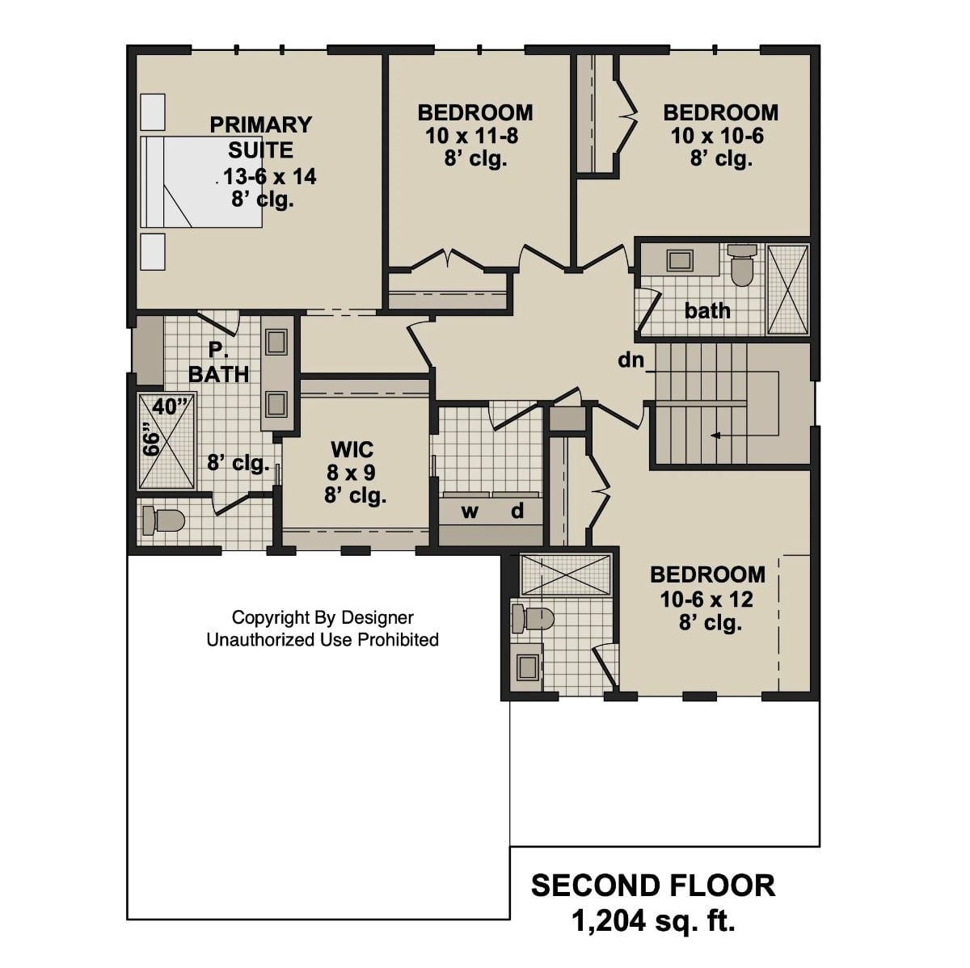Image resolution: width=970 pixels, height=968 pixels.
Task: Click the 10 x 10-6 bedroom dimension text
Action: pos(717,136)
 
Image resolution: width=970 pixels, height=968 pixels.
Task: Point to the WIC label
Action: pos(352,448)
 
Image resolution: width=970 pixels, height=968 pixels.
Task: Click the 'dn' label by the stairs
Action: pos(630,360)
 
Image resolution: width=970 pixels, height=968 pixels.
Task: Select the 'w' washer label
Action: pos(470,511)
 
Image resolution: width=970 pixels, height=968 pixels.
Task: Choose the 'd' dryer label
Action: pos(517,511)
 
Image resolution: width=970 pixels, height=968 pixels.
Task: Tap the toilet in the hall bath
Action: pos(741,264)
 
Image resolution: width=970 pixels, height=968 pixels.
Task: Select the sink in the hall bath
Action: pos(680,260)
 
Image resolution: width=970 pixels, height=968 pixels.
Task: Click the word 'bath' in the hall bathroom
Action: pos(707,310)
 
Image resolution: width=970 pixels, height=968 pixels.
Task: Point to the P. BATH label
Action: pos(218,362)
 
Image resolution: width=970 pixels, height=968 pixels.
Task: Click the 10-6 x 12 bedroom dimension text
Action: pos(706,600)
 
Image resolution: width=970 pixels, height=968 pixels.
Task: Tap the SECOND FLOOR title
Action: pos(652,886)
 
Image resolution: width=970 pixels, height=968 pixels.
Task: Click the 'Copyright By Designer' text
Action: pos(323,617)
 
